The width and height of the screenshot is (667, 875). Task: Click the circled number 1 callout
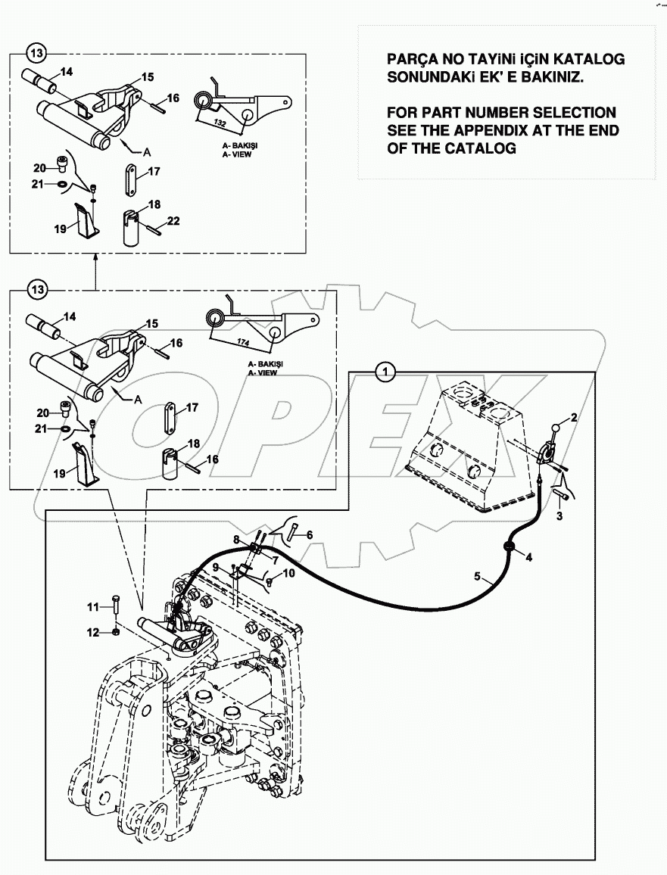tap(386, 371)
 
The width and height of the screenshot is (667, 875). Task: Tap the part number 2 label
tap(575, 417)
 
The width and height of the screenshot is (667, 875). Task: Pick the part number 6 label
tap(310, 534)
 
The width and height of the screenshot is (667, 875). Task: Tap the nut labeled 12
tap(114, 631)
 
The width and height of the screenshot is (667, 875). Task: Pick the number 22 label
tap(173, 221)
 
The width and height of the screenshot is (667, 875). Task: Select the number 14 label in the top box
tap(66, 73)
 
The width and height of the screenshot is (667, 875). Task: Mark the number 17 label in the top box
tap(154, 172)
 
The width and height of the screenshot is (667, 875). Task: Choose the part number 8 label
tap(236, 540)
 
